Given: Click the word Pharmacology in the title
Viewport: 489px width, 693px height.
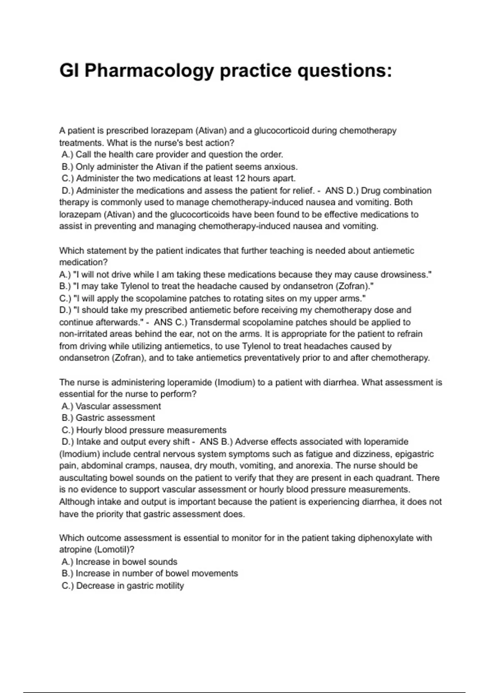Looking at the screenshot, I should [149, 71].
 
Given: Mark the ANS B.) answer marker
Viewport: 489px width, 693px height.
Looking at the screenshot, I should [216, 441].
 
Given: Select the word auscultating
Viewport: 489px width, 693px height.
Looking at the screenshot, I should [83, 477].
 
